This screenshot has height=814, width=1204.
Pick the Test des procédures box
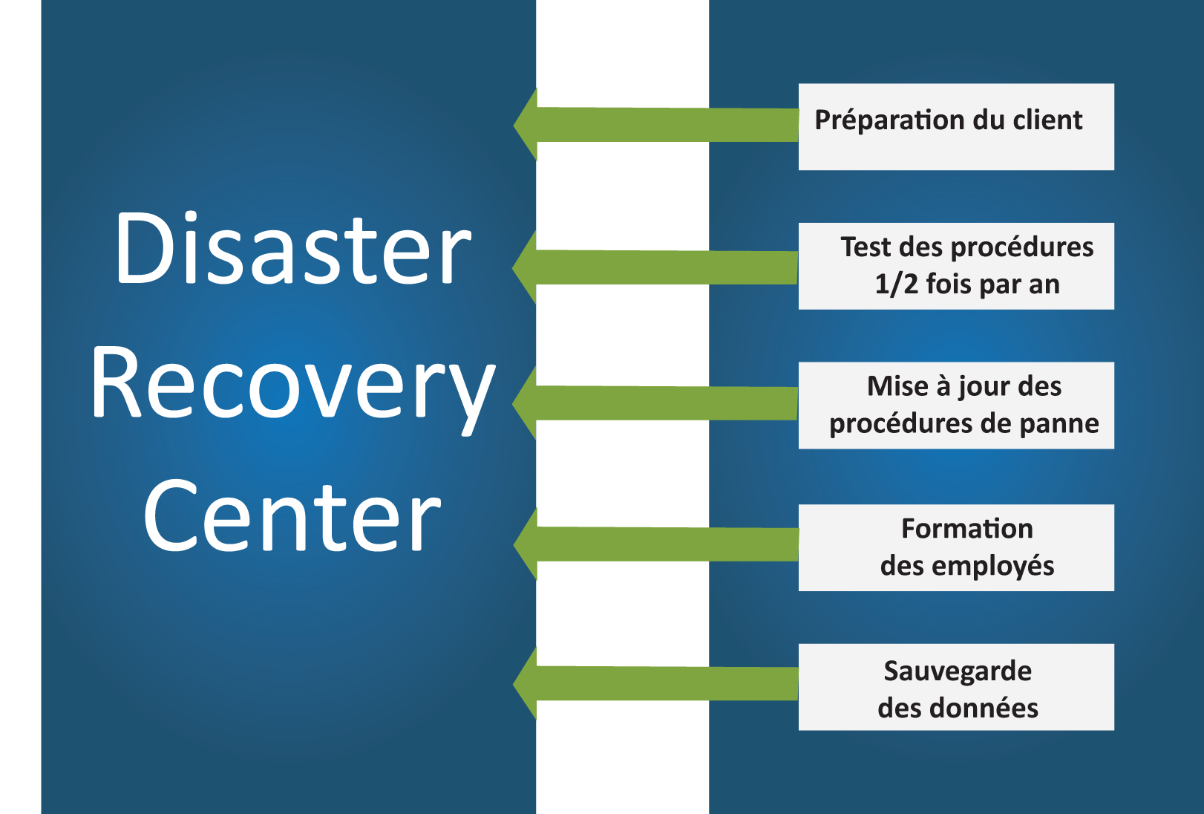tap(956, 266)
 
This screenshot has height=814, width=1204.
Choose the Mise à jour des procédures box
tap(956, 406)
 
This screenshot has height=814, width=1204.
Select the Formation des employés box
tap(956, 548)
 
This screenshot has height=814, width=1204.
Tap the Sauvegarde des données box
tap(956, 687)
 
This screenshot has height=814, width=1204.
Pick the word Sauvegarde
tap(958, 671)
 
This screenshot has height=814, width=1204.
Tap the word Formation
tap(966, 529)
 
